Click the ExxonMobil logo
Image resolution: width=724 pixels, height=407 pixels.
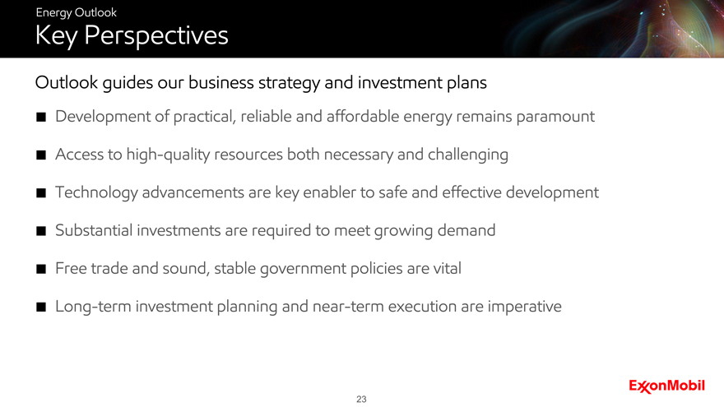[x=666, y=386]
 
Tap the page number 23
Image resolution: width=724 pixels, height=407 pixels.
[x=361, y=399]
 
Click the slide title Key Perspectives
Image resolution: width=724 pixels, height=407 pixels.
[x=132, y=35]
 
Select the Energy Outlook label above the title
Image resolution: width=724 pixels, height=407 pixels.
[x=77, y=12]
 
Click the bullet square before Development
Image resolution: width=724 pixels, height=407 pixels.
[x=41, y=118]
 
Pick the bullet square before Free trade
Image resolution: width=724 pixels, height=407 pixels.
[x=41, y=269]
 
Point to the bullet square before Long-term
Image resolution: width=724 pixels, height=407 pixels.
[x=41, y=307]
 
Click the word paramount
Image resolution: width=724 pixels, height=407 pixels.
[x=555, y=118]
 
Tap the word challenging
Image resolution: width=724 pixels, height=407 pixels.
[x=468, y=155]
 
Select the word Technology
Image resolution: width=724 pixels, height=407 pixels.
[x=96, y=193]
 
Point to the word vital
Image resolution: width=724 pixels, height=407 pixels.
[x=448, y=268]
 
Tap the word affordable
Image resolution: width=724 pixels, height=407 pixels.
[x=363, y=116]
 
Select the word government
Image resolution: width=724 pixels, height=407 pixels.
[x=303, y=269]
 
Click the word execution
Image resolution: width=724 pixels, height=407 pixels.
[x=422, y=307]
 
